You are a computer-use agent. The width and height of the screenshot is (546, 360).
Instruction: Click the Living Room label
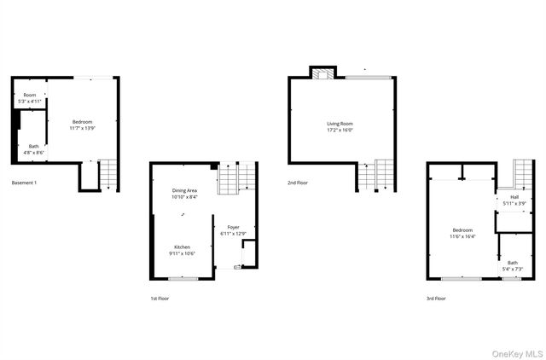(x=340, y=125)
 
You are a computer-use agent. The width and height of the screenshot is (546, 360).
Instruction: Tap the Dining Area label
(x=185, y=191)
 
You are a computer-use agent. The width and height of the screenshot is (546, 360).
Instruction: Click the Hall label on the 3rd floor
(x=514, y=197)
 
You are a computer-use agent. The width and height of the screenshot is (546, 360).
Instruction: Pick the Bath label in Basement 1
(x=33, y=146)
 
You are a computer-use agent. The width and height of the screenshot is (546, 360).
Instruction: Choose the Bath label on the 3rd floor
(x=512, y=263)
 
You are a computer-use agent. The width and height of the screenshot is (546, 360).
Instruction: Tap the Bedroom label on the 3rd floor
(x=462, y=230)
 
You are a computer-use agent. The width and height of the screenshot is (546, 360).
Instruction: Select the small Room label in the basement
(x=30, y=95)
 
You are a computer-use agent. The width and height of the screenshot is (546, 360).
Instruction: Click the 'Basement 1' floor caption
(x=24, y=183)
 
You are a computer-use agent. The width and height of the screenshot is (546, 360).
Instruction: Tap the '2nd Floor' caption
(x=299, y=183)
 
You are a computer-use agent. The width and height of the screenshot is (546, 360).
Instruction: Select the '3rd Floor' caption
(x=435, y=299)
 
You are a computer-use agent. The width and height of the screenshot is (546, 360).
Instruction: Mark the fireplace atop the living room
(x=322, y=74)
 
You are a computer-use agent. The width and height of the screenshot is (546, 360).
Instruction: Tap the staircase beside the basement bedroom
(x=107, y=175)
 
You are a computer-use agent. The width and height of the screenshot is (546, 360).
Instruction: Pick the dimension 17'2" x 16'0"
(x=340, y=131)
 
